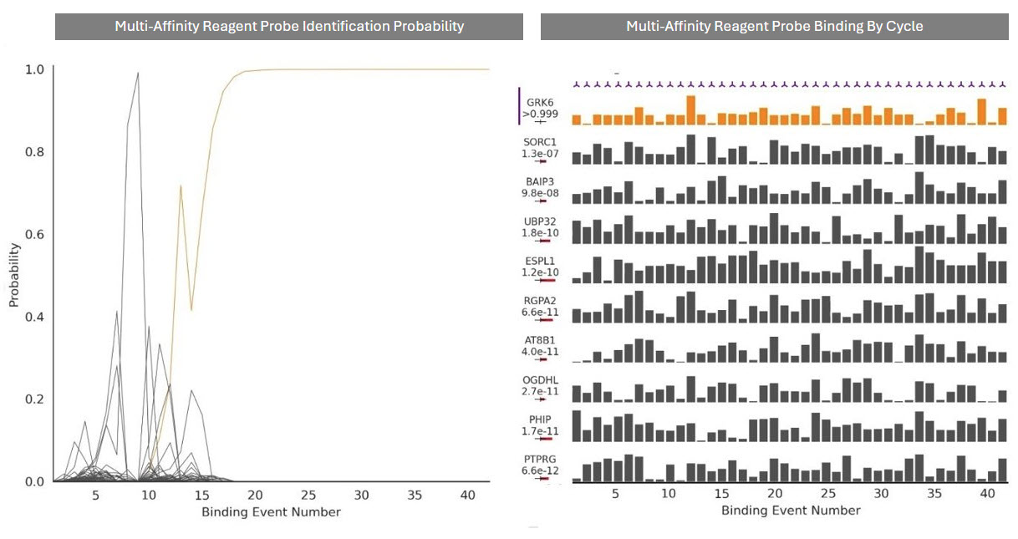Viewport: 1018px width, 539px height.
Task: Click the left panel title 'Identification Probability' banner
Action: tap(289, 26)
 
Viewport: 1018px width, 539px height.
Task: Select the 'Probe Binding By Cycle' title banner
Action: tap(774, 26)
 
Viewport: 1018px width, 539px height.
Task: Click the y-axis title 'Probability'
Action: tap(14, 275)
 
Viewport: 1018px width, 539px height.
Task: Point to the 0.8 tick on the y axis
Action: tap(37, 152)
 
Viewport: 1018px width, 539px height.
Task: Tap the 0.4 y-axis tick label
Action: tap(37, 317)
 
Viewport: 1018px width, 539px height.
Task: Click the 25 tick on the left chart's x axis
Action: tap(308, 496)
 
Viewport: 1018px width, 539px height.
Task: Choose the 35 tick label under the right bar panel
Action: tap(934, 494)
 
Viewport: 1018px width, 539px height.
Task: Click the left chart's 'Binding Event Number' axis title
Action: tap(271, 511)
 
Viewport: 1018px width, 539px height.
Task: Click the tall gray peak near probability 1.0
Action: tap(138, 74)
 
